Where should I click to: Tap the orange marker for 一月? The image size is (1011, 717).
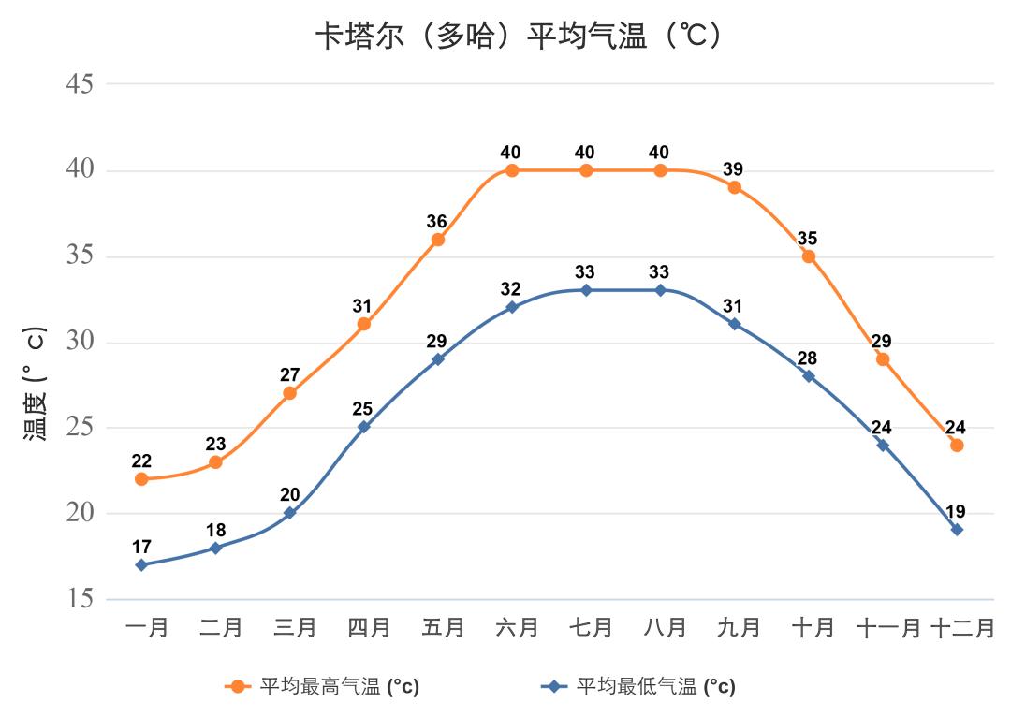141,479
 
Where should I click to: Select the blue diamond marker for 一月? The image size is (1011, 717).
141,564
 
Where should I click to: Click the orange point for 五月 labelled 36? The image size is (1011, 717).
438,240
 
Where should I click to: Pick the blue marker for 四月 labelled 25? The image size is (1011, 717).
364,427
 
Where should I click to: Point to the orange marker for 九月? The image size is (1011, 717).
735,187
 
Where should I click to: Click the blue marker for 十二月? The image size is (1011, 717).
957,530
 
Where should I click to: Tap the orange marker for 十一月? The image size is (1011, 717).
883,359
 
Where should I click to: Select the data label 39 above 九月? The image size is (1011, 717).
733,169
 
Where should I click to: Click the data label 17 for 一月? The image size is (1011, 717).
141,547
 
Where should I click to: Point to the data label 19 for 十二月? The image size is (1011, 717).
956,512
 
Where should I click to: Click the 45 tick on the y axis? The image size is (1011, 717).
80,83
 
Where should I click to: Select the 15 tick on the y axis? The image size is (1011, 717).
80,598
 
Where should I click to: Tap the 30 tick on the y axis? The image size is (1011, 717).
80,341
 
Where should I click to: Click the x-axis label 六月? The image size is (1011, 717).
517,627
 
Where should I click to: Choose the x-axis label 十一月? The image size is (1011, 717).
888,627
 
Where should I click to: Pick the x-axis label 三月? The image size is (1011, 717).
295,627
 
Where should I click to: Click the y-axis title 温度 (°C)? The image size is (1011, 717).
35,383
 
